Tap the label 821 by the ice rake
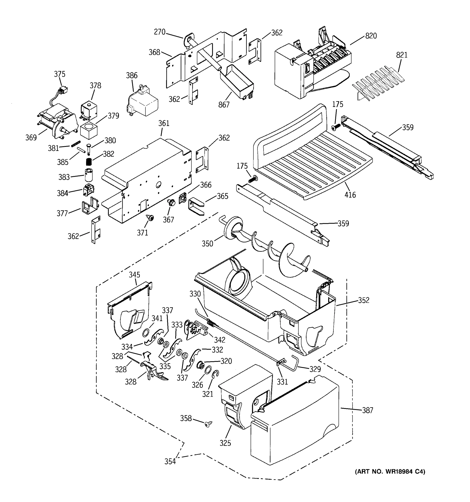point(402,55)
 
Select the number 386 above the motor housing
point(132,75)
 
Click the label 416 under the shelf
point(350,195)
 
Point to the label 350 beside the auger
point(207,244)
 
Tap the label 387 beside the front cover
point(367,410)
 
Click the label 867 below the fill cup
point(224,105)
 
